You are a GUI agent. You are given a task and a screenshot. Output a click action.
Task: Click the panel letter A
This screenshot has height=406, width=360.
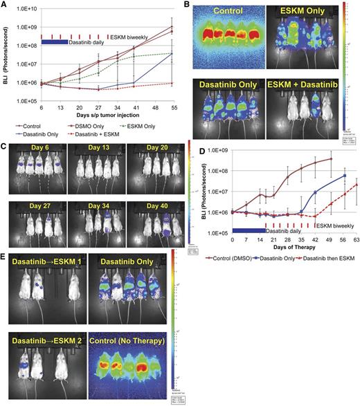pos(6,6)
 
